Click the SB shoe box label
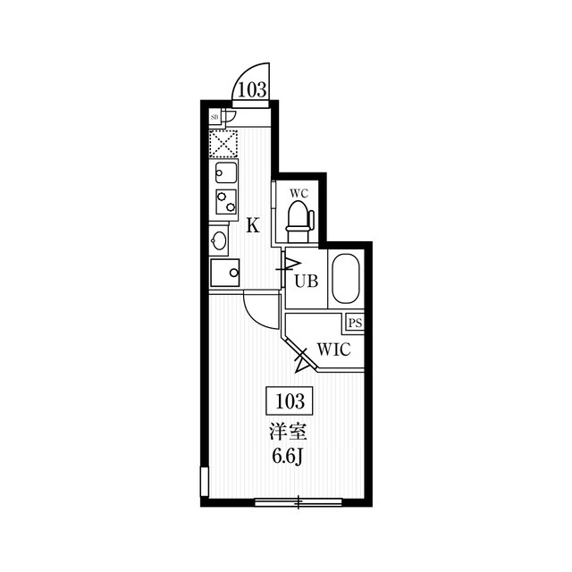coord(214,117)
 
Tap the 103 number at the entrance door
coord(252,89)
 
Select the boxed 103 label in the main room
coord(290,401)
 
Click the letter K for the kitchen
coord(252,225)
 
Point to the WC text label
coord(299,193)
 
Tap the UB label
coord(307,281)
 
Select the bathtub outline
coord(346,279)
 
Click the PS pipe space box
coord(355,324)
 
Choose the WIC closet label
coord(334,349)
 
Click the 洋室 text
coord(288,433)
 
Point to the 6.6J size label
coord(288,456)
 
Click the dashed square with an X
coord(223,144)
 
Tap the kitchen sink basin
coord(226,172)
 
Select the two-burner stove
coord(226,202)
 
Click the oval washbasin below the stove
coord(218,240)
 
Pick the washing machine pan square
coord(224,273)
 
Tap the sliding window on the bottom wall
coord(299,502)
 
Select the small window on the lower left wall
coord(205,482)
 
